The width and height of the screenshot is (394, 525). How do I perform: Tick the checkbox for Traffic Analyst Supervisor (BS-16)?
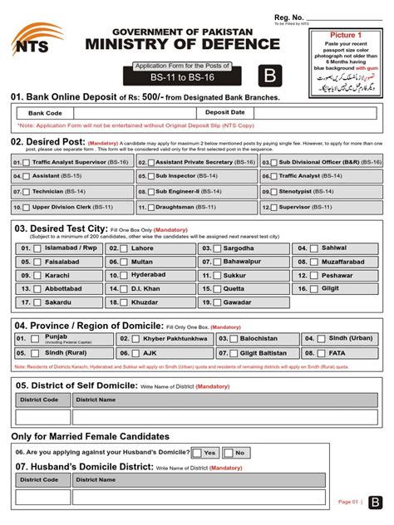pos(27,163)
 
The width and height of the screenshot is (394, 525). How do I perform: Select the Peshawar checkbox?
pos(314,275)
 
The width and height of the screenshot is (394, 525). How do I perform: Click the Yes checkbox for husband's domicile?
pos(196,453)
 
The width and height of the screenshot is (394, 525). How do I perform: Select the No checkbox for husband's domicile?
pos(228,453)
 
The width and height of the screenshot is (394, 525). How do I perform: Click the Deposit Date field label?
pos(224,111)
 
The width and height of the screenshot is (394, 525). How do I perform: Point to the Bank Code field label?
pos(45,112)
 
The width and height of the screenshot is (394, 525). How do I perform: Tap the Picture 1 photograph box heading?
pos(346,36)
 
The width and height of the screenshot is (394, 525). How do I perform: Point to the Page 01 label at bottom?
pos(347,502)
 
